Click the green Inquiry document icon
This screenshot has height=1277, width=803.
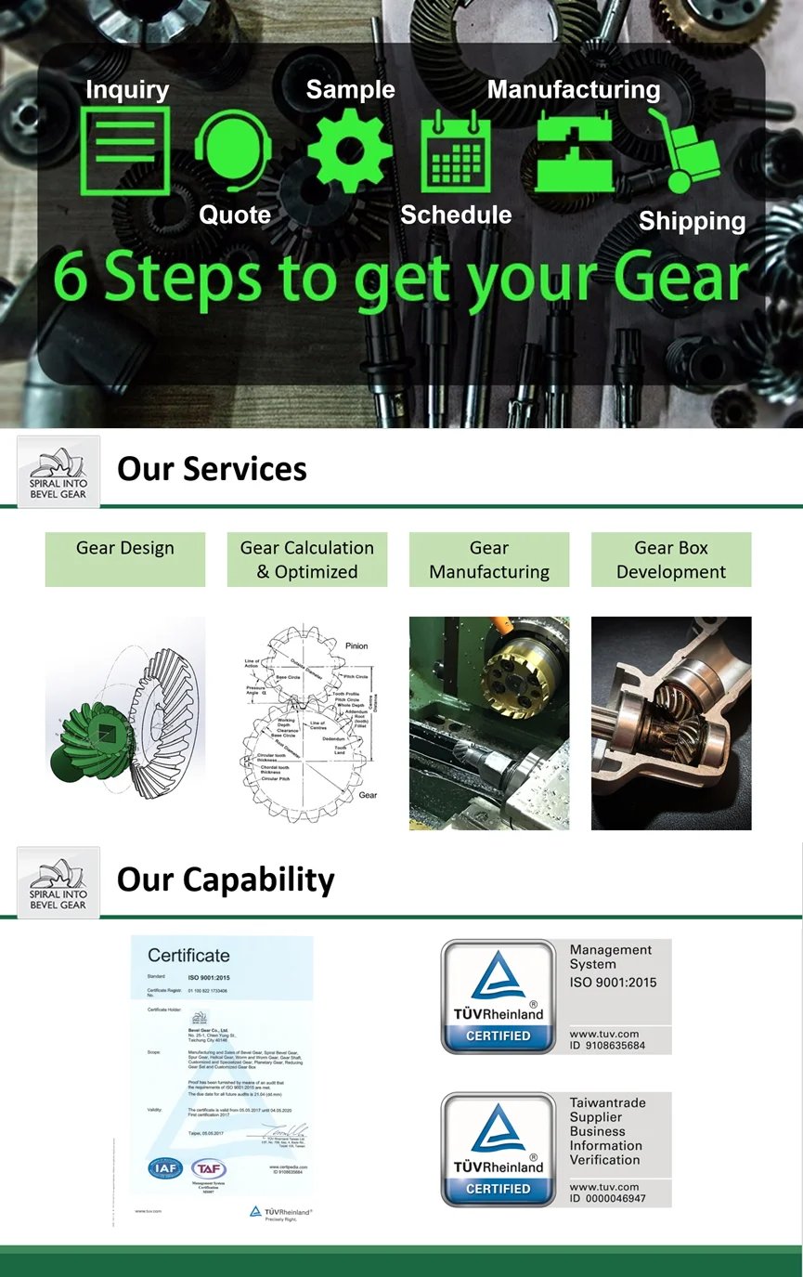(x=125, y=150)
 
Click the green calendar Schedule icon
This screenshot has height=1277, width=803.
(x=455, y=151)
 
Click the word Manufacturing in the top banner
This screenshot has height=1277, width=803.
(x=573, y=90)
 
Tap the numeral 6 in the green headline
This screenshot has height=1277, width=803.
(x=71, y=280)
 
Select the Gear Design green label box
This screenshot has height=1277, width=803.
(x=125, y=559)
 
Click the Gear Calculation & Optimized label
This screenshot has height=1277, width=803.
(x=307, y=559)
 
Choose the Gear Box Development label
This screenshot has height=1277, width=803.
(x=671, y=559)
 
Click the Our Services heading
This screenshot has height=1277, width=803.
(x=212, y=469)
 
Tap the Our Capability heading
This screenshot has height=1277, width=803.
(x=226, y=880)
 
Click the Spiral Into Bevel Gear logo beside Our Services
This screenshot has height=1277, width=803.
(x=58, y=472)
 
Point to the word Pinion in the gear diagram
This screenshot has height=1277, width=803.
(x=356, y=645)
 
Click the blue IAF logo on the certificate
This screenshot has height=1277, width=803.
(x=165, y=1168)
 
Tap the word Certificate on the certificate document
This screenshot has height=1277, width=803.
(x=188, y=956)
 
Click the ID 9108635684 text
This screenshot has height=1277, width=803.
(x=608, y=1046)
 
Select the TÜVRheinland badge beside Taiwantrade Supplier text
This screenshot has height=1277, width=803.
(x=499, y=1150)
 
